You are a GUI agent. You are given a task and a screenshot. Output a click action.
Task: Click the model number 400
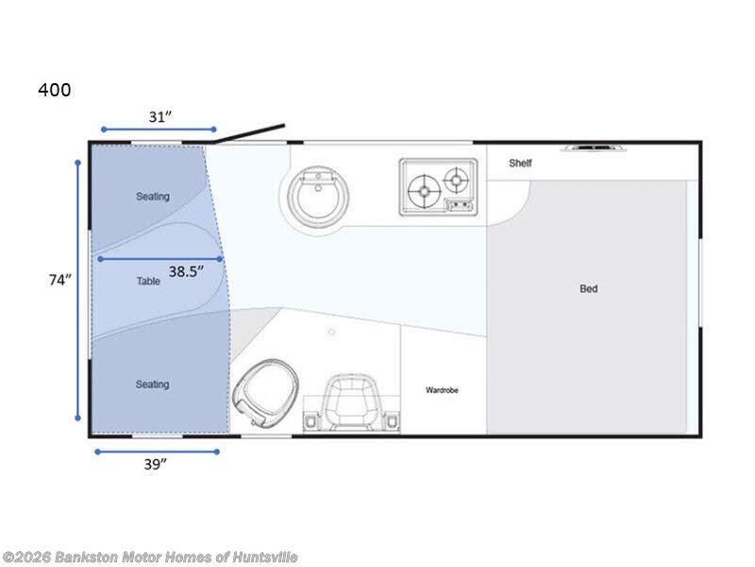click(54, 91)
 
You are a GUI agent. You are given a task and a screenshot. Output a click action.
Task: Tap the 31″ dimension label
click(160, 116)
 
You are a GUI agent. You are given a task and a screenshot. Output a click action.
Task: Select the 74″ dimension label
click(60, 280)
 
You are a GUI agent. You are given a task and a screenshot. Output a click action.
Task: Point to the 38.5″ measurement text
click(186, 271)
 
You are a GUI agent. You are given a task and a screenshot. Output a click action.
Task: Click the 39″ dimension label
click(156, 463)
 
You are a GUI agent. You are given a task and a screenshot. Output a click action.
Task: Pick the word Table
click(147, 281)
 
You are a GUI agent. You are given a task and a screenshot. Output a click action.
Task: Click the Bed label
click(588, 288)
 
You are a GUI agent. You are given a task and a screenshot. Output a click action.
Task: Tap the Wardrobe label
click(442, 389)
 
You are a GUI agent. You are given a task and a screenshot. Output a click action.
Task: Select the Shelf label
click(520, 163)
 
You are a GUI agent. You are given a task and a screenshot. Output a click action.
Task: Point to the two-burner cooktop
click(436, 185)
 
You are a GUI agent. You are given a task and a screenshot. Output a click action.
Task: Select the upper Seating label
click(152, 197)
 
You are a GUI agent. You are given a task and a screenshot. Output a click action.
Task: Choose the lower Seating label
click(152, 384)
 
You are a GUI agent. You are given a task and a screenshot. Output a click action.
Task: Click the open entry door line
click(249, 133)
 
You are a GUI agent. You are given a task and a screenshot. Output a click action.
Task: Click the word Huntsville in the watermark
click(259, 558)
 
